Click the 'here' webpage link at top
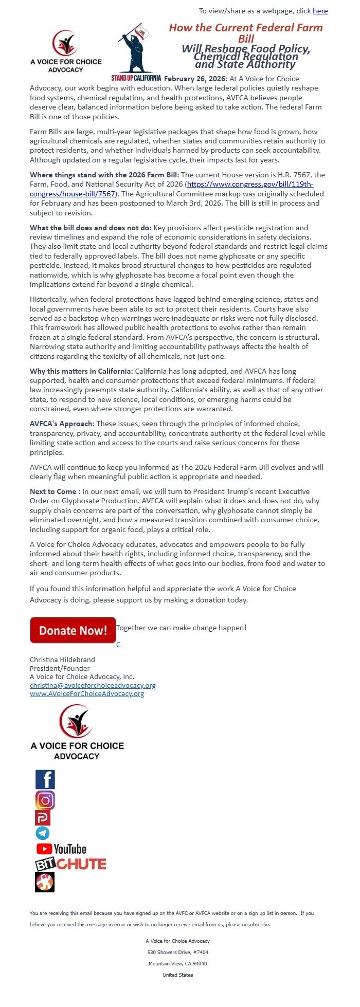pos(320,11)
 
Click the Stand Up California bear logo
pos(136,51)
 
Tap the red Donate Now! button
pos(73,630)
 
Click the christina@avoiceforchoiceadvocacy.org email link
pos(93,685)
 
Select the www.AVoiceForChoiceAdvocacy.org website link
pos(87,693)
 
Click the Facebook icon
pos(45,779)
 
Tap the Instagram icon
pos(45,800)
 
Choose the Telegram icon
pos(43,833)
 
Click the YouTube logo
pos(61,849)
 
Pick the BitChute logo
pos(70,864)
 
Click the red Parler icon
pos(43,817)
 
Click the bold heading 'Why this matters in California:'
pos(81,371)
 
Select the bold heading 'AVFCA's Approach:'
pos(62,424)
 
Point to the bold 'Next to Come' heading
pos(53,491)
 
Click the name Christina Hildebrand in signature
pos(62,660)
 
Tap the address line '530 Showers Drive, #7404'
pos(178,952)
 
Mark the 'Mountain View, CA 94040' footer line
pos(178,963)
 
